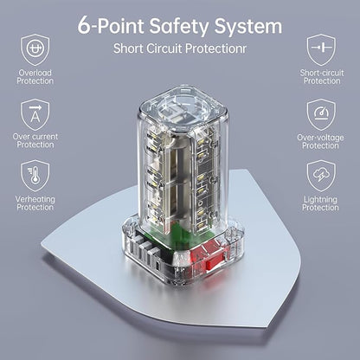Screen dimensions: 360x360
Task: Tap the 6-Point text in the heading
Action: coord(111,25)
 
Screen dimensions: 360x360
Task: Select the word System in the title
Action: coord(248,27)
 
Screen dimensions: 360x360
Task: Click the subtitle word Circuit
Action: coord(164,48)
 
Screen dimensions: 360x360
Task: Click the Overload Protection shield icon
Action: coord(35,50)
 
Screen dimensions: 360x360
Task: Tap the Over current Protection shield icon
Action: coord(35,114)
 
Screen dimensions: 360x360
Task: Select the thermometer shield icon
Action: coord(35,176)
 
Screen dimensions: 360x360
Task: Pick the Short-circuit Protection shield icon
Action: coord(321,49)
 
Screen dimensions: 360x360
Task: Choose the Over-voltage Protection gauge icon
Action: coord(321,114)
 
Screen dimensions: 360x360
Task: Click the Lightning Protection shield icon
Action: coord(321,176)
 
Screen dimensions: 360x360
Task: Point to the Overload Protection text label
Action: coord(35,77)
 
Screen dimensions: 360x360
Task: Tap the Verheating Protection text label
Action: coord(35,203)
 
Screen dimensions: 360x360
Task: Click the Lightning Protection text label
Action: coord(320,203)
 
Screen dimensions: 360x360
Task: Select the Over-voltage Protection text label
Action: coord(320,141)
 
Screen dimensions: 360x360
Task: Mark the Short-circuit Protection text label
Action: coord(322,77)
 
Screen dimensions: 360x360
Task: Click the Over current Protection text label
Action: coord(35,140)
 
